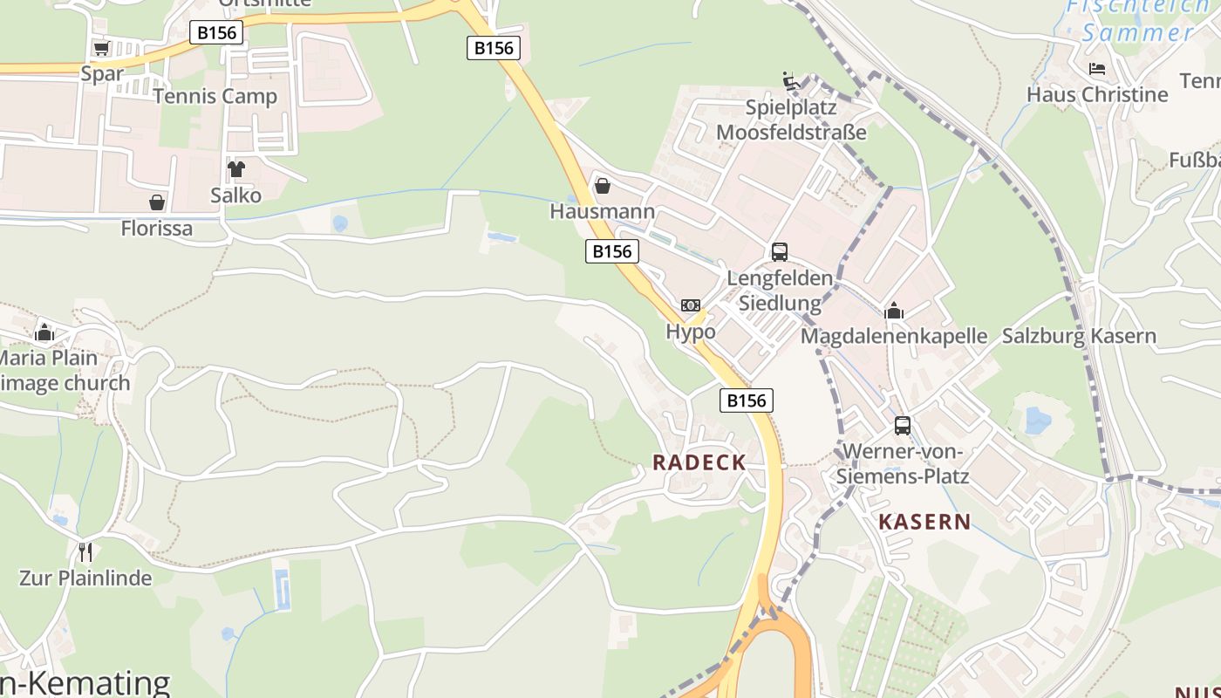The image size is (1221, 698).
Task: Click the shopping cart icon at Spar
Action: tap(101, 48)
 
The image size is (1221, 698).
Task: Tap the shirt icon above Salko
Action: tap(235, 168)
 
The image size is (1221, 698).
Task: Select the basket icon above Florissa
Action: tap(157, 202)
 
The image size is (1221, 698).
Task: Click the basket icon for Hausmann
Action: tap(602, 186)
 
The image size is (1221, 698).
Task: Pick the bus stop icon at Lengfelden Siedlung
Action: tap(780, 252)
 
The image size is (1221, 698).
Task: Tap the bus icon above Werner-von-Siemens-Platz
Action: tap(903, 426)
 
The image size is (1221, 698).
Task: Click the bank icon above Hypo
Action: tap(691, 305)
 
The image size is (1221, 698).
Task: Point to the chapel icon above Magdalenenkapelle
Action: tap(894, 311)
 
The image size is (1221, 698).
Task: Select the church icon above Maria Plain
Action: tap(44, 332)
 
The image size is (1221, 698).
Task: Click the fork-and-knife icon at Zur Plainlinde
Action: tap(85, 551)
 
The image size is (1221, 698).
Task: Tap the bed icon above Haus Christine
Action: tap(1097, 69)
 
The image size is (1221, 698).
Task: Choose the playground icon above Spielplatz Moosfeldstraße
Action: tap(791, 81)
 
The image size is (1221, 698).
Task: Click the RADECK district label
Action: tap(699, 462)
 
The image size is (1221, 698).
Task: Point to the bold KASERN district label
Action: tap(924, 522)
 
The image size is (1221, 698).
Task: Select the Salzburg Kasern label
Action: tap(1079, 336)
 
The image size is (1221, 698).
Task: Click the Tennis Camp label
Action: tap(215, 96)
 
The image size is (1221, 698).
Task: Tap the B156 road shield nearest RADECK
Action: tap(747, 400)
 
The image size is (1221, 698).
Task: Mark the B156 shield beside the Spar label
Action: tap(216, 33)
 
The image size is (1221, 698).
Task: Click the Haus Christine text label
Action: tap(1097, 94)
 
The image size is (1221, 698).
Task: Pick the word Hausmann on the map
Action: tap(602, 211)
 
